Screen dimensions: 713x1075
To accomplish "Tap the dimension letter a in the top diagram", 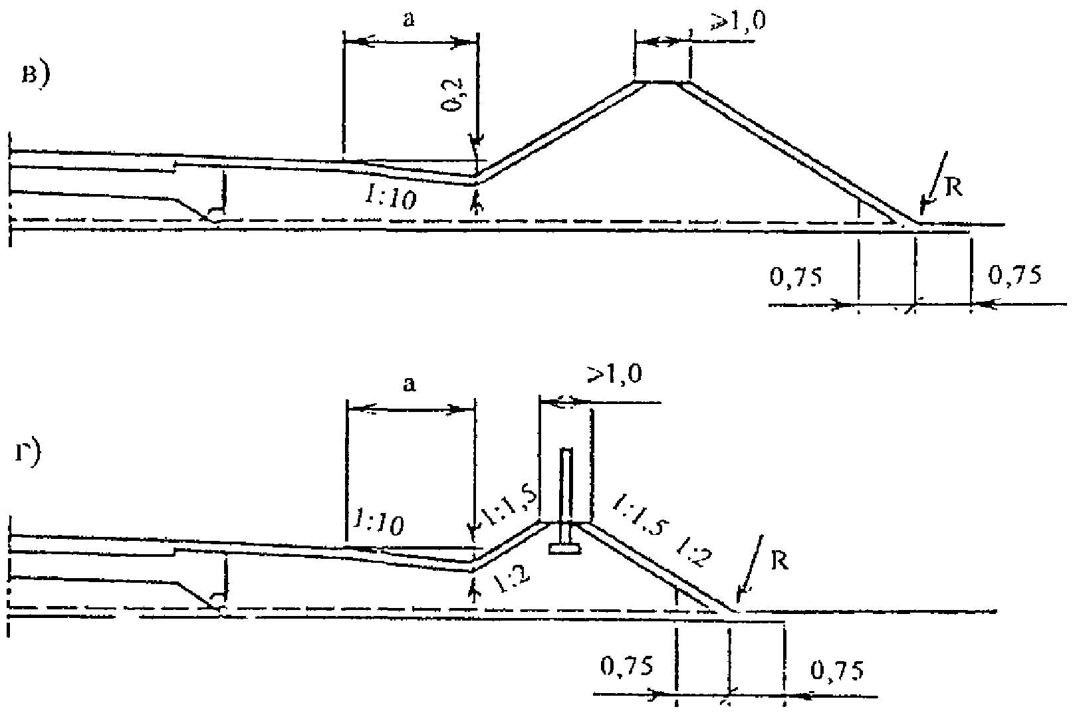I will (x=410, y=20).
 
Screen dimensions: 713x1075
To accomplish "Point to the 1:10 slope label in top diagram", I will (x=390, y=196).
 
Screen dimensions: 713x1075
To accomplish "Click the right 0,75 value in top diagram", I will (x=1015, y=274).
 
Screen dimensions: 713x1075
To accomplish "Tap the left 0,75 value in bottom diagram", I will (x=627, y=665).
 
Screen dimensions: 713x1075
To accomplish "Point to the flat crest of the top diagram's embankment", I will (x=662, y=82).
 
